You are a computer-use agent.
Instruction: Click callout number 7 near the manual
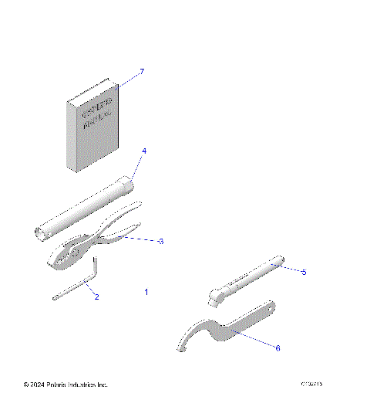(x=141, y=71)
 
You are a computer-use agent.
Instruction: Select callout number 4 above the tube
(x=143, y=151)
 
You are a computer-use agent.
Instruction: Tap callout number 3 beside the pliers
(x=160, y=242)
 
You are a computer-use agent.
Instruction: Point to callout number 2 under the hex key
(x=96, y=296)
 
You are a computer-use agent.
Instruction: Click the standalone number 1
(x=146, y=292)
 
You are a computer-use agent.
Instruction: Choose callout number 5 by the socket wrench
(x=304, y=272)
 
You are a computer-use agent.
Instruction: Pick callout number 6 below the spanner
(x=277, y=347)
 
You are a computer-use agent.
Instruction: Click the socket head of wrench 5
(x=219, y=294)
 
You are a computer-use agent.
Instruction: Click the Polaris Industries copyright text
(x=66, y=385)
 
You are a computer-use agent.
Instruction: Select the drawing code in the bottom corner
(x=312, y=385)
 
